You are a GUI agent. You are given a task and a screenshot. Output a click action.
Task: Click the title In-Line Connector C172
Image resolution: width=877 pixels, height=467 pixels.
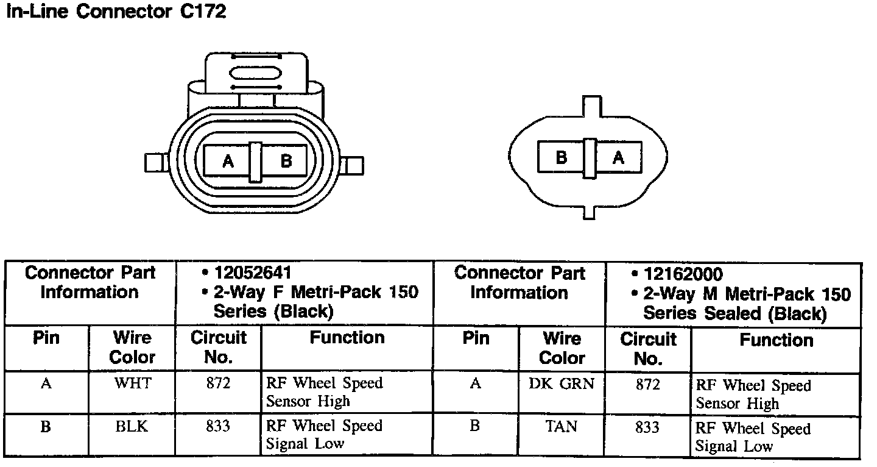point(116,12)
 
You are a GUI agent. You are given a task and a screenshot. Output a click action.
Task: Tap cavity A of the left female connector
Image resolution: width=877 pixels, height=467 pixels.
point(228,161)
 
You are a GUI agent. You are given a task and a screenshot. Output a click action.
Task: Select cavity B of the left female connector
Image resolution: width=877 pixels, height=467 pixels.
point(286,161)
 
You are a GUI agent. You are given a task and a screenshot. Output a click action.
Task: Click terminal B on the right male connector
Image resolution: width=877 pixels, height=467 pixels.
point(561,157)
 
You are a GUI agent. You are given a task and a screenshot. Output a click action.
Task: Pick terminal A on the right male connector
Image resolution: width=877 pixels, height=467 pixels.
point(618,157)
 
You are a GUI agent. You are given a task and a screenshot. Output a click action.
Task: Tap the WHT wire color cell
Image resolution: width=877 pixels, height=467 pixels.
point(132,383)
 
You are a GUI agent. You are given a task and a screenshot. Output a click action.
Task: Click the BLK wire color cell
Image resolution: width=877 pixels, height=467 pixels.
point(132,426)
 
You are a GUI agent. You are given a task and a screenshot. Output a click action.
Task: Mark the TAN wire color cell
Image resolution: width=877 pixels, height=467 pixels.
point(562,427)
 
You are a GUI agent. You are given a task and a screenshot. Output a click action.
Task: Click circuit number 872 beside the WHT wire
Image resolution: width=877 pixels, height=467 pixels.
point(217,383)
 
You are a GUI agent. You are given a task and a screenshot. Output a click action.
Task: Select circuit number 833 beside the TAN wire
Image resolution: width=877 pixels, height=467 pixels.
point(647,427)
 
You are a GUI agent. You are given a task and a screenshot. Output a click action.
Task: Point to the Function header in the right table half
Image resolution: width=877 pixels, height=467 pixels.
point(776,340)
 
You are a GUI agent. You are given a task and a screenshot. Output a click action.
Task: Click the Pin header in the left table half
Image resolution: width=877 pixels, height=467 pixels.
point(46,338)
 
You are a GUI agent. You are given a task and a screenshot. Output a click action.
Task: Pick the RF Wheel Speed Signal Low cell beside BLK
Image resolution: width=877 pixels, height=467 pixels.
point(324,435)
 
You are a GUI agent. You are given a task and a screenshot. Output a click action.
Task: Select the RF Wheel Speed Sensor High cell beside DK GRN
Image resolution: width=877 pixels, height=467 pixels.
point(753,394)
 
